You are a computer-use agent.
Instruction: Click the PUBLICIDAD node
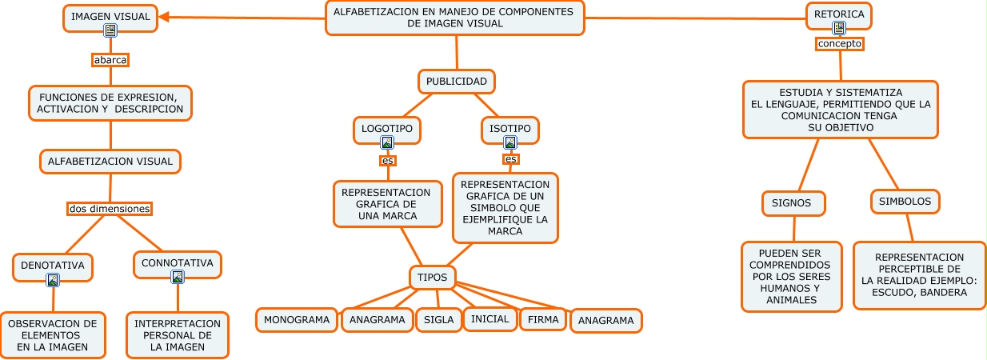pos(457,82)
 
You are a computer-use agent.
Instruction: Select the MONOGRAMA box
pos(297,320)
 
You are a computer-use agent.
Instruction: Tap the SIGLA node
pos(438,320)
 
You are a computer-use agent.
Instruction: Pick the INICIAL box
pos(490,319)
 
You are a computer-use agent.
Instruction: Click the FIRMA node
pos(543,319)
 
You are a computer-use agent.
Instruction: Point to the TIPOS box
pos(433,277)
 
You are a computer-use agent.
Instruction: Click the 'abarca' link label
pos(110,60)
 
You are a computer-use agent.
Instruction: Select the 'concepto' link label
pos(839,44)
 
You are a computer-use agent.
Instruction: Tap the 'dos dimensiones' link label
pos(110,209)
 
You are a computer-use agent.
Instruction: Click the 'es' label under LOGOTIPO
pos(388,160)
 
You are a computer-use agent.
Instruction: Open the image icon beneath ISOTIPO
pos(510,142)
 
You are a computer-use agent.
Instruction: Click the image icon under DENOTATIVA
pos(53,279)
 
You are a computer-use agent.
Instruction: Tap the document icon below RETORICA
pos(839,28)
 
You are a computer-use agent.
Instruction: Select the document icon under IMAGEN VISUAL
pos(110,30)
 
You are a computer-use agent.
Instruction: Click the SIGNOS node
pos(792,203)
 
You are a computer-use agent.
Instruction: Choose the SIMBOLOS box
pos(905,202)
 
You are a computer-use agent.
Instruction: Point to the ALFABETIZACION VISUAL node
pos(110,162)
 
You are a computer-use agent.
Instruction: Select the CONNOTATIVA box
pos(178,262)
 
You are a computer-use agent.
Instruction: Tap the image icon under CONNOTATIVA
pos(178,277)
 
